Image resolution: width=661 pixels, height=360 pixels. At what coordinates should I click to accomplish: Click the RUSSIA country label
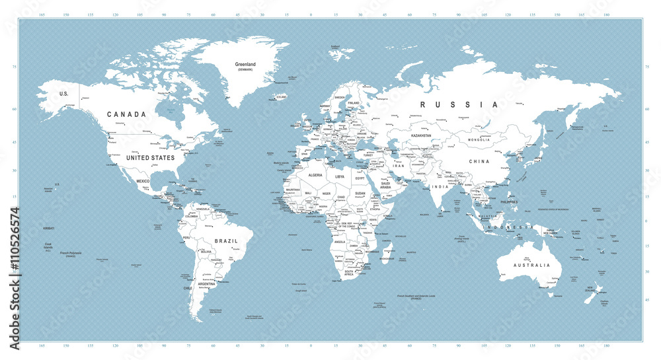[456, 104]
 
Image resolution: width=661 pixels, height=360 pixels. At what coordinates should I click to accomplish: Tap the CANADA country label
[126, 114]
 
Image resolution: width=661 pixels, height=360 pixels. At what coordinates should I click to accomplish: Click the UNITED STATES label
[150, 158]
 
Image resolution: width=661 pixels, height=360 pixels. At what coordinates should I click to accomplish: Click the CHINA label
[479, 161]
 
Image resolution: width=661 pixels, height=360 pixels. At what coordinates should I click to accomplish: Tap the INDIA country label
[440, 186]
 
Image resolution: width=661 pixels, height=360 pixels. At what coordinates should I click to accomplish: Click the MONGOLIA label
[478, 140]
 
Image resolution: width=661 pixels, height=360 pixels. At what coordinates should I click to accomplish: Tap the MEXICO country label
[143, 180]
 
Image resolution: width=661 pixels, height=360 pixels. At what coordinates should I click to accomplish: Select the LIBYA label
[340, 177]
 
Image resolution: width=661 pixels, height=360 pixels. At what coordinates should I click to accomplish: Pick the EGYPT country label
[360, 179]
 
